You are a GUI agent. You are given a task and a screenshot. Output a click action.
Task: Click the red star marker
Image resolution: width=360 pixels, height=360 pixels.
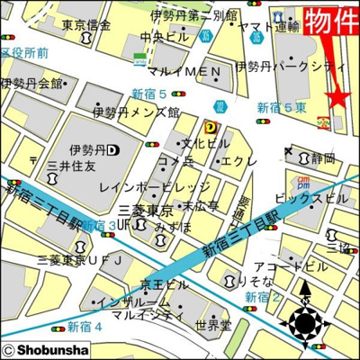pos(338,96)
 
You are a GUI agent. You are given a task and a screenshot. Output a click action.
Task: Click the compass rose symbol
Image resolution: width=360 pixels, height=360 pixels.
pos(306,321)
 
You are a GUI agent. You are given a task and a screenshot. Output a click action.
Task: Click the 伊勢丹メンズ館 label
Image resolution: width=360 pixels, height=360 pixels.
pos(136,113)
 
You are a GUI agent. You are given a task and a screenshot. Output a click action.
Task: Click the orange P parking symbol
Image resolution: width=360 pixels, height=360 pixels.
pos(210,127)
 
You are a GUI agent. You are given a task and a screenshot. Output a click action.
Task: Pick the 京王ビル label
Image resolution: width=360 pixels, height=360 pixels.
pos(165,284)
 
